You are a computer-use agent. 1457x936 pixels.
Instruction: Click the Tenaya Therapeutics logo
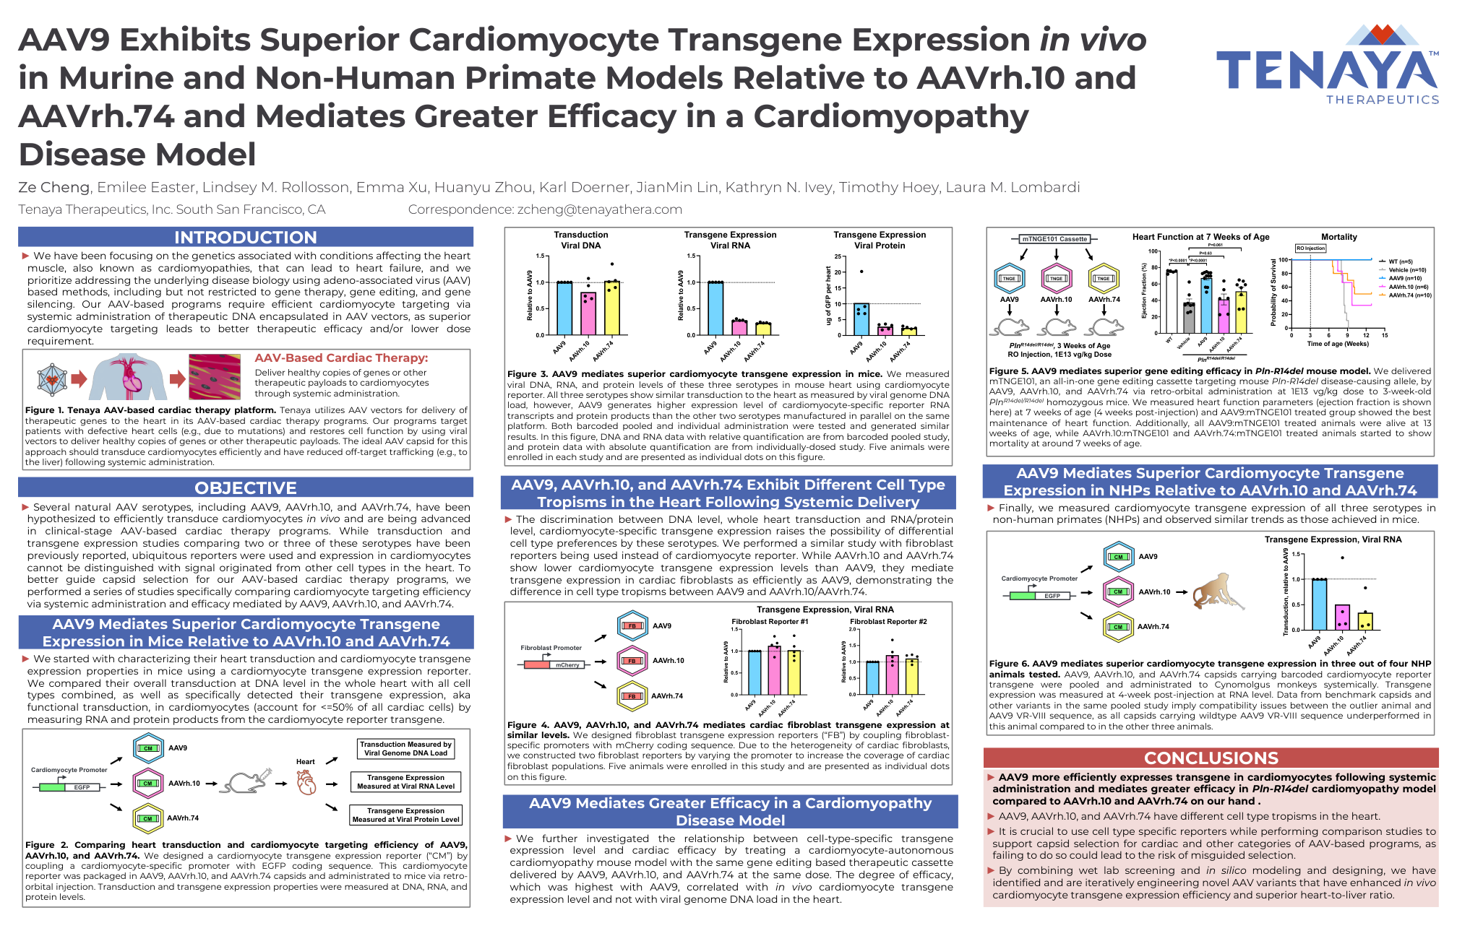(1328, 65)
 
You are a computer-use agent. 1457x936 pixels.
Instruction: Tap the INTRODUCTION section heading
(245, 237)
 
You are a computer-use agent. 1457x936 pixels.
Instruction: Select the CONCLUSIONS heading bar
(1211, 758)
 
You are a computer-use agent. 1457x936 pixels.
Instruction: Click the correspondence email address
(599, 209)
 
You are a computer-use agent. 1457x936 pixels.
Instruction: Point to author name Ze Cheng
(53, 187)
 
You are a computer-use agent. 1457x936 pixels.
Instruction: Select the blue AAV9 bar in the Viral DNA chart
(564, 308)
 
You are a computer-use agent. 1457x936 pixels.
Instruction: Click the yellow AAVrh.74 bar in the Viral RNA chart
(763, 329)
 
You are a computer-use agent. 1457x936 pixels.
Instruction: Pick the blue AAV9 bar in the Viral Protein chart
(861, 319)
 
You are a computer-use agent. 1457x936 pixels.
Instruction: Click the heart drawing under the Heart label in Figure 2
(306, 782)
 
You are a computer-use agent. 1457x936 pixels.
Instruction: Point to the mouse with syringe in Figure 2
(248, 781)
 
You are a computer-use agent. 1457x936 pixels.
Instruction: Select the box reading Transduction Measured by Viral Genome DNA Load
(405, 748)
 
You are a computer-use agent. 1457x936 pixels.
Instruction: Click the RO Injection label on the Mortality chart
(1310, 248)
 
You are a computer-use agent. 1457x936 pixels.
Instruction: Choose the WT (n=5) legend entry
(1400, 261)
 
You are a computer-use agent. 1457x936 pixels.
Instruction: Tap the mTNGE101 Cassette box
(1054, 238)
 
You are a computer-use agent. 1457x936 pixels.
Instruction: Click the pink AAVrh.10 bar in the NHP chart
(1342, 617)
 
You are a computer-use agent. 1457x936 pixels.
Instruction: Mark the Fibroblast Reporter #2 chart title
(888, 621)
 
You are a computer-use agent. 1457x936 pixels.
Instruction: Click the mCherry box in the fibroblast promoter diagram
(567, 664)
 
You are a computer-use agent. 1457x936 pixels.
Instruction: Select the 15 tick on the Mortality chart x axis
(1385, 335)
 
